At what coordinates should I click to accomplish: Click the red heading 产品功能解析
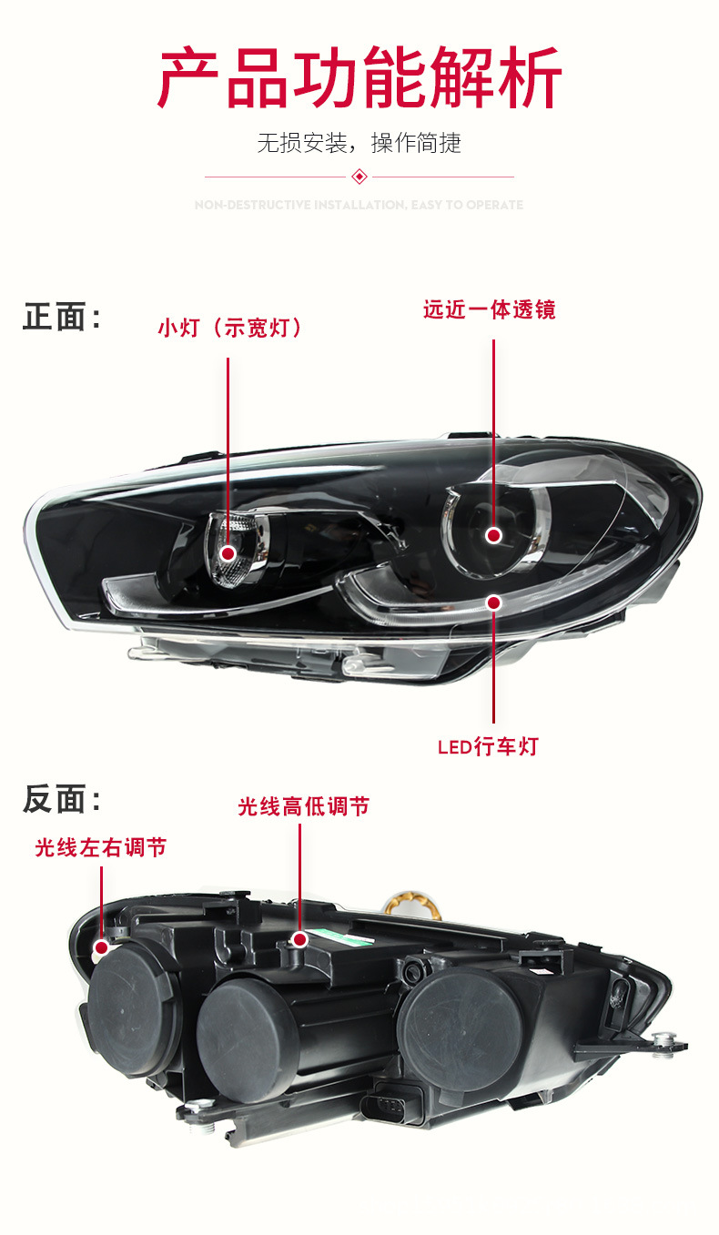[359, 79]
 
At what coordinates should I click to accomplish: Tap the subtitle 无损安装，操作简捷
[359, 143]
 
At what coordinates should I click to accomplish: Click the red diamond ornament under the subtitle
[359, 176]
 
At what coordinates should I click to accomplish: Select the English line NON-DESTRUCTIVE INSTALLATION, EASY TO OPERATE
[359, 205]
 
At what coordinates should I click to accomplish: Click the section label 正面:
[62, 318]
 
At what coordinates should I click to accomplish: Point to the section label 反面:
[62, 800]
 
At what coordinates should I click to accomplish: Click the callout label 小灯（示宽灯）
[229, 328]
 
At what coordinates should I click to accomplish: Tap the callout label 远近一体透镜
[489, 309]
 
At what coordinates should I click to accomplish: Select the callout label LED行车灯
[488, 747]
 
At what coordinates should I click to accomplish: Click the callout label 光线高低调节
[303, 806]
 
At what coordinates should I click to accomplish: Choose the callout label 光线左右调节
[100, 847]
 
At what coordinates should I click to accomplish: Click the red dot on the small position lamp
[228, 553]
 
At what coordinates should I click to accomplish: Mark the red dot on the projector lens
[493, 535]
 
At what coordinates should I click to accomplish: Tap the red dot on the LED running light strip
[493, 602]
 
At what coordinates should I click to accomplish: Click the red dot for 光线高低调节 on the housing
[299, 938]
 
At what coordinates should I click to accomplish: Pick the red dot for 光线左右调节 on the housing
[101, 946]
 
